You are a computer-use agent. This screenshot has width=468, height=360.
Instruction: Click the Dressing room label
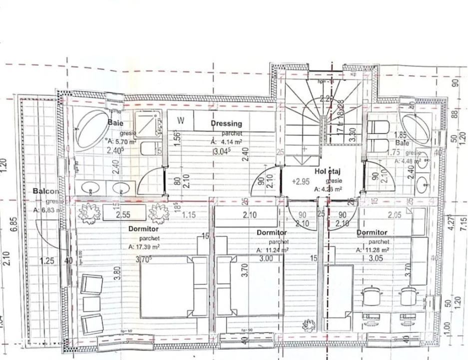pos(226,123)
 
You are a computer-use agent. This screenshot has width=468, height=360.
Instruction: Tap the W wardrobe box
pos(180,120)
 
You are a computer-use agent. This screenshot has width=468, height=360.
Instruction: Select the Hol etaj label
pos(327,171)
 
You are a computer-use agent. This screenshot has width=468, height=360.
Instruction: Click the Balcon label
pos(45,191)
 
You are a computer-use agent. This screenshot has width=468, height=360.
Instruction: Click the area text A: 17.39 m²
pos(144,247)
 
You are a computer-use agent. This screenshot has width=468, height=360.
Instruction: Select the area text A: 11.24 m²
pos(272,250)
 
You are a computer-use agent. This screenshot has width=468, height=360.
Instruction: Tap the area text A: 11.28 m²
pos(373,250)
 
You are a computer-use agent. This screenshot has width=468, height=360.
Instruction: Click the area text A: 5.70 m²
pos(120,141)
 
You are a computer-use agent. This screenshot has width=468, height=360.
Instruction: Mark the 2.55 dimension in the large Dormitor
pos(123,215)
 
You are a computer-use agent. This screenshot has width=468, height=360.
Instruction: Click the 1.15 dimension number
pos(189,215)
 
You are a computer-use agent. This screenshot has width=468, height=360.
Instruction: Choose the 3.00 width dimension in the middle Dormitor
pos(266,258)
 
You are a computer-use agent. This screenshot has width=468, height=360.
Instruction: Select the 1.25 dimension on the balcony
pos(47,261)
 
